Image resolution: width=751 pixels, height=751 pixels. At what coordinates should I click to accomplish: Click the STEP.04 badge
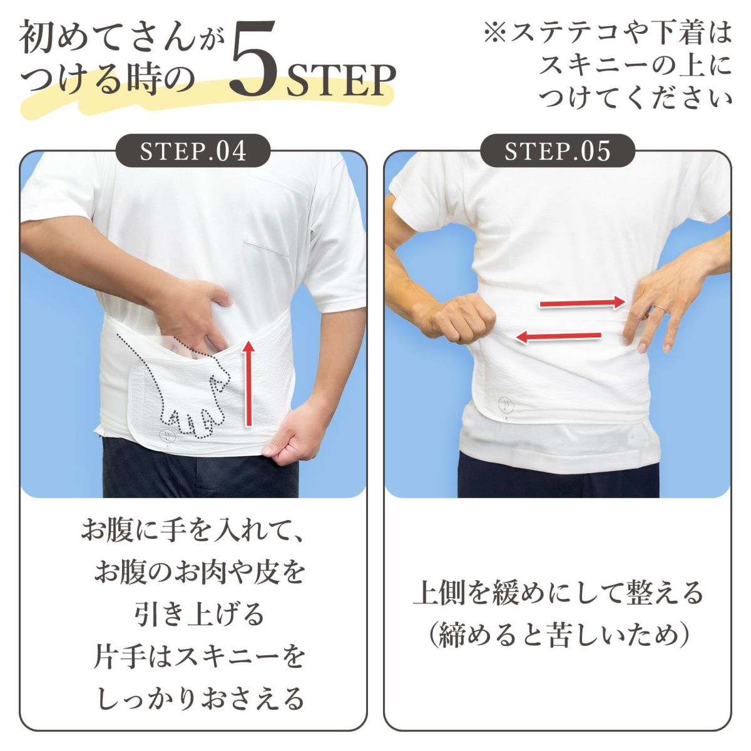click(x=193, y=151)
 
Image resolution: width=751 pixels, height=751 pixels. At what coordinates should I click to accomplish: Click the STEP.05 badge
click(x=558, y=151)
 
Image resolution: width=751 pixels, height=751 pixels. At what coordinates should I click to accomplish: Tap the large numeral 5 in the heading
click(x=255, y=63)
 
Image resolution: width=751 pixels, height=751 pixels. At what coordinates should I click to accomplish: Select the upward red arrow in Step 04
click(x=248, y=383)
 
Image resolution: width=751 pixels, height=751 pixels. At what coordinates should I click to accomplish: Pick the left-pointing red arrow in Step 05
click(x=558, y=337)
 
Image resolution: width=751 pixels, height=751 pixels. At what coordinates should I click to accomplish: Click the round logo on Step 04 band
click(x=167, y=436)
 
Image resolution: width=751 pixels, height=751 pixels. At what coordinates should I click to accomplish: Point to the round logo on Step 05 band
click(x=506, y=404)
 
